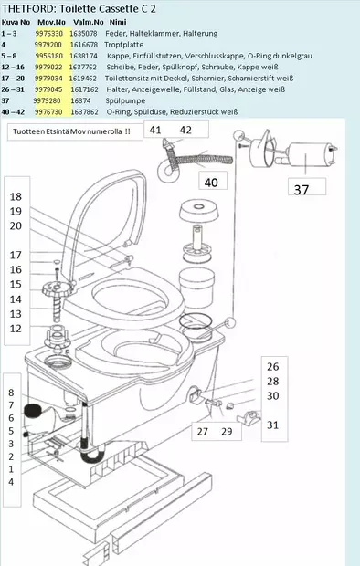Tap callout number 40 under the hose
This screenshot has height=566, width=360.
[211, 182]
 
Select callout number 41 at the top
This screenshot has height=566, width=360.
[155, 131]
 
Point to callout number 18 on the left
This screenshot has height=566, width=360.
[16, 197]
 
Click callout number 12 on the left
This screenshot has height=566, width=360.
[16, 328]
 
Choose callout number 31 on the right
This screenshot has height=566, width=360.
[272, 424]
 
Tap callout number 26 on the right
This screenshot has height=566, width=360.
[272, 366]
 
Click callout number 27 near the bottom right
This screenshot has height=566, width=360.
[204, 430]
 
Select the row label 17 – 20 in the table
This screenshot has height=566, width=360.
[14, 78]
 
